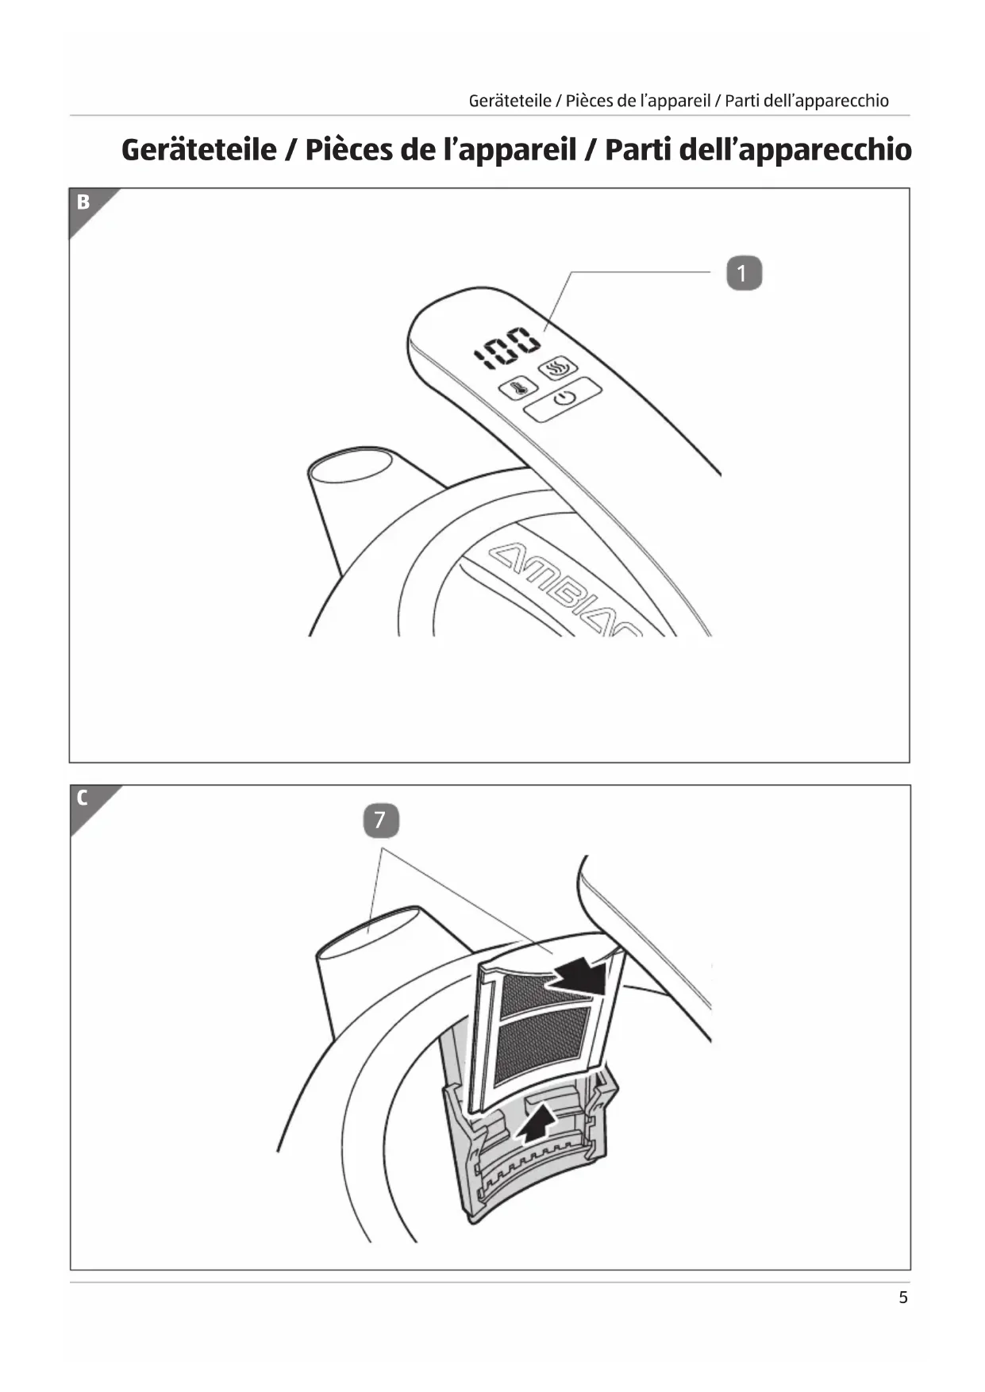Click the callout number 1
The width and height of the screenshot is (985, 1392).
click(744, 274)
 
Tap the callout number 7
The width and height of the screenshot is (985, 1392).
click(380, 820)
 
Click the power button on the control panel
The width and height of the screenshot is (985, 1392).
click(563, 399)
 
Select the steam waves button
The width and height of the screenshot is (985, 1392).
click(559, 368)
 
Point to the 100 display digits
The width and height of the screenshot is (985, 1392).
click(507, 348)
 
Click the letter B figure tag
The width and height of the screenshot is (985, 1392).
click(83, 202)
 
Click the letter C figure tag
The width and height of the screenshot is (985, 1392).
click(83, 798)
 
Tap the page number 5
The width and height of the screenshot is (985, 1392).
click(902, 1298)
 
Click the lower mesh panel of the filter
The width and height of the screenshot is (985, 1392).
click(542, 1046)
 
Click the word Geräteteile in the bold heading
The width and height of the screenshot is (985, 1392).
click(198, 150)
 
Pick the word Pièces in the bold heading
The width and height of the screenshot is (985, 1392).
click(348, 150)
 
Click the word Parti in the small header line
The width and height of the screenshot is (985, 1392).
click(743, 101)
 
